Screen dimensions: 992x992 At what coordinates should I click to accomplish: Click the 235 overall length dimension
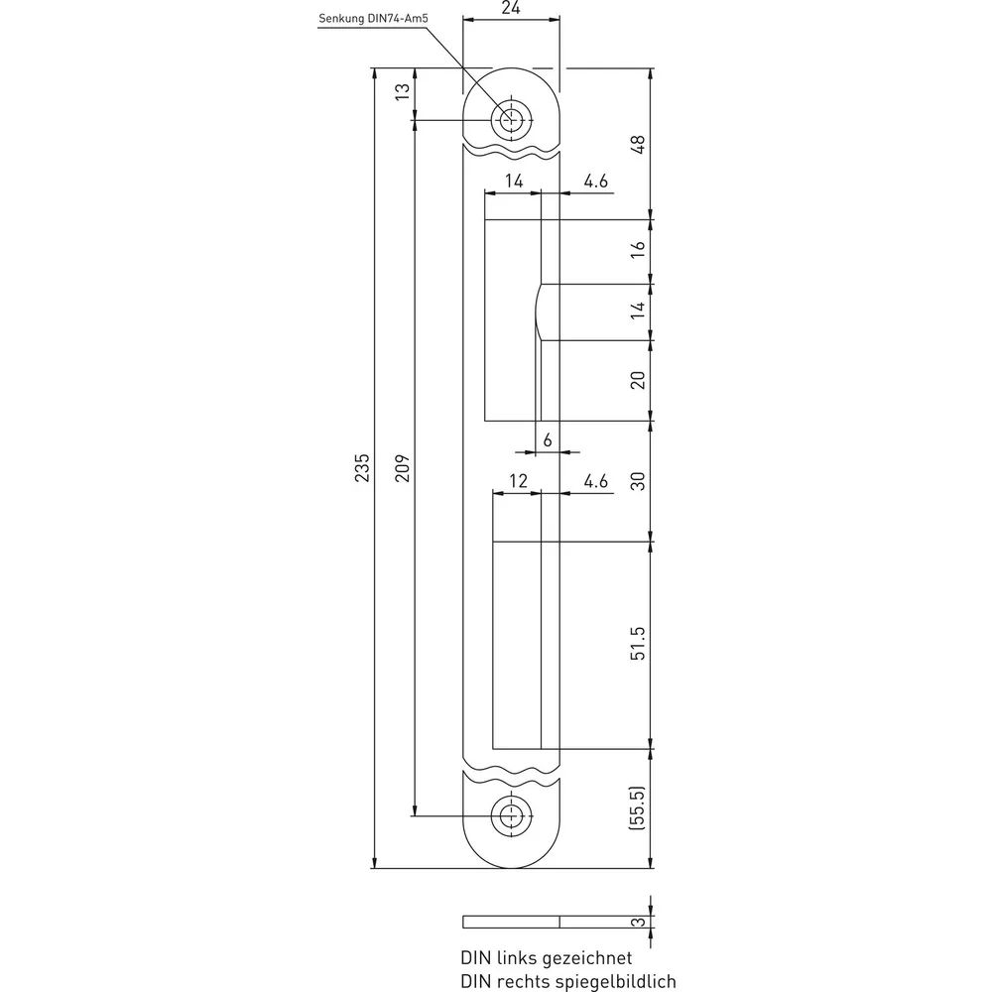coord(361,467)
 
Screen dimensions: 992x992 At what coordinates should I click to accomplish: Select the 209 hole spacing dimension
coord(403,467)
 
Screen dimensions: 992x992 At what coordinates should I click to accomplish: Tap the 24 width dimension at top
coord(511,8)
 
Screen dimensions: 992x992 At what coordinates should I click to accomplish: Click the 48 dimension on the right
coord(638,144)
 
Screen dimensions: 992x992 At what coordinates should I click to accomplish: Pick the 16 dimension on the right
coord(638,248)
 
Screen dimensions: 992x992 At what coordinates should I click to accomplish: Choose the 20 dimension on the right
coord(638,380)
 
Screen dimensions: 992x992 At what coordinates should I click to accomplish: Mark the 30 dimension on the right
coord(638,481)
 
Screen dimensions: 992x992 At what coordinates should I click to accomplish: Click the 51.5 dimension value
coord(638,644)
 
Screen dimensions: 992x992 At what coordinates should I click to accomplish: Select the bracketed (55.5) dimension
coord(637,807)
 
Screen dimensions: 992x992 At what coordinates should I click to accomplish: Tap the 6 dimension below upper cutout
coord(548,439)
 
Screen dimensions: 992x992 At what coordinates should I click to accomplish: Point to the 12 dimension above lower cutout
coord(518,481)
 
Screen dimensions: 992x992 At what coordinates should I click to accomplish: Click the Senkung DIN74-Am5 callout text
coord(373,18)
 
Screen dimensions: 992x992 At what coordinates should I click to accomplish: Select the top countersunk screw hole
coord(511,120)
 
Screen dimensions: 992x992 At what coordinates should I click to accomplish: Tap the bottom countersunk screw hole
coord(511,816)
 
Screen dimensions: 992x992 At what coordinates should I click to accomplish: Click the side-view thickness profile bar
coord(511,922)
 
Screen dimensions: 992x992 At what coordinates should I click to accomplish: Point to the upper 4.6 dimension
coord(595,182)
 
